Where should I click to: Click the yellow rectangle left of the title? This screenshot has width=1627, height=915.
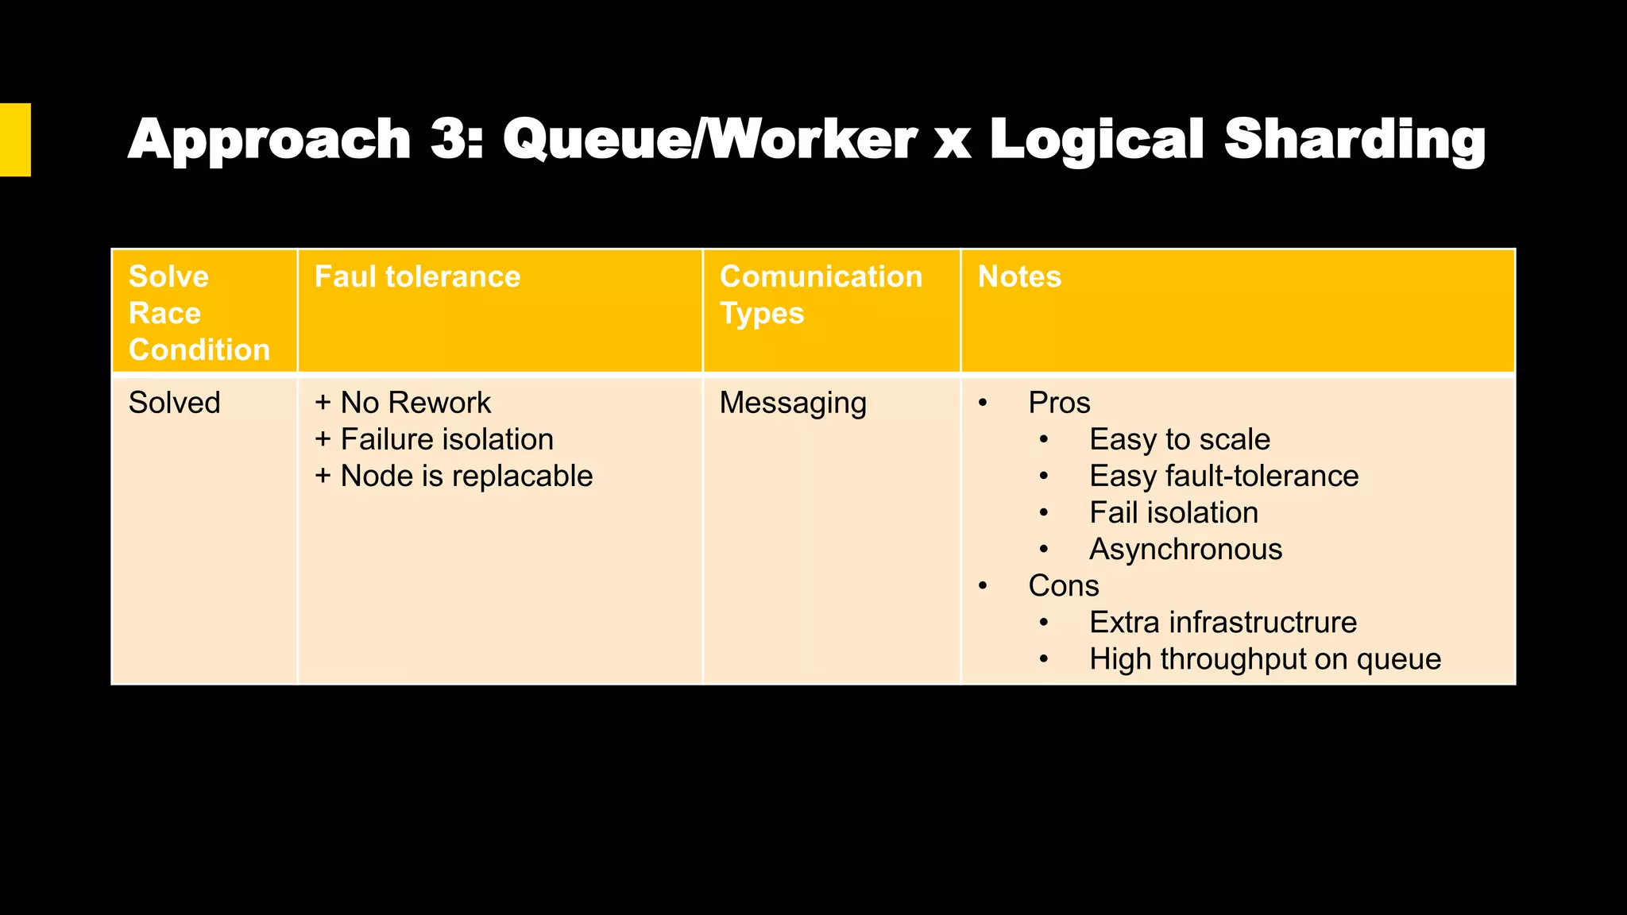[x=15, y=140]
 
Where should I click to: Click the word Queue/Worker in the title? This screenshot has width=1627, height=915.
[x=709, y=140]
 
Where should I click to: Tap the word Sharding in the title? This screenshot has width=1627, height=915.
[x=1355, y=140]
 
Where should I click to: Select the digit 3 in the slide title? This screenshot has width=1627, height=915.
[x=453, y=140]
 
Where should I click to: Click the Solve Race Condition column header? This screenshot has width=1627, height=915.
[x=199, y=313]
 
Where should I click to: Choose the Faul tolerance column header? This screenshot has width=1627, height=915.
[x=417, y=276]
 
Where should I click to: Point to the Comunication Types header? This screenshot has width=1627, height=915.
[x=821, y=295]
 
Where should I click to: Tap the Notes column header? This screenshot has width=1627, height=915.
[x=1019, y=276]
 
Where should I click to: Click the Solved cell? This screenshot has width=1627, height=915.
[x=175, y=403]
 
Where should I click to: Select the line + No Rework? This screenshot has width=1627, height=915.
[x=403, y=403]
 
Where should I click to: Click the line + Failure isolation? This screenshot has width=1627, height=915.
[x=434, y=439]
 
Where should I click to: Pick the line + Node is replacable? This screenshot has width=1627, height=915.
[x=454, y=476]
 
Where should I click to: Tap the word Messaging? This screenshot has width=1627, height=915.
[x=793, y=403]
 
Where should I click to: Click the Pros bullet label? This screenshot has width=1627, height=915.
[x=1059, y=403]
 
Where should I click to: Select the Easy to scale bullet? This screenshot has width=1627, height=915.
[x=1180, y=439]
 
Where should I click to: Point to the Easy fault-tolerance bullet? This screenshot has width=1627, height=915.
[x=1223, y=476]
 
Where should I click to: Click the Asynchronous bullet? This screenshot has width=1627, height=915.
[x=1185, y=549]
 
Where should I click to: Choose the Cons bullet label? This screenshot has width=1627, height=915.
[x=1063, y=585]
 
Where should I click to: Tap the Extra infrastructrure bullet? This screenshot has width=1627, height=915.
[x=1223, y=622]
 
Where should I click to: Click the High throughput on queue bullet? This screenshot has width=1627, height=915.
[x=1265, y=658]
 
